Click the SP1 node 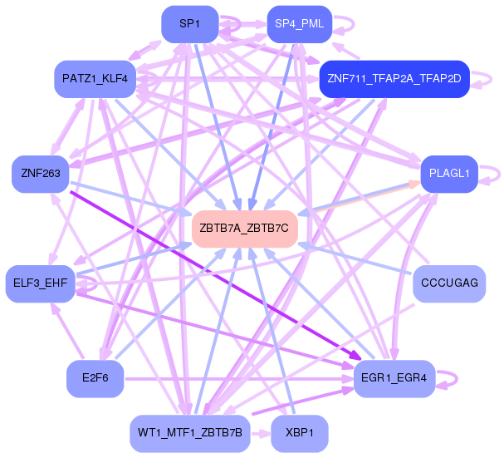189,24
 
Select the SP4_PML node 299,24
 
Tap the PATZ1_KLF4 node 95,79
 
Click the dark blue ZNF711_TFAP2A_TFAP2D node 394,79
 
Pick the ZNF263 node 38,174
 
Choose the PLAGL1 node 449,174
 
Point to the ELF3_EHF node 40,283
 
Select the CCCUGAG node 449,283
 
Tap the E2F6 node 95,379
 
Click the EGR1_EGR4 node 394,379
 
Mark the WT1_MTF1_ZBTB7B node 189,433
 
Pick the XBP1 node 299,433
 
